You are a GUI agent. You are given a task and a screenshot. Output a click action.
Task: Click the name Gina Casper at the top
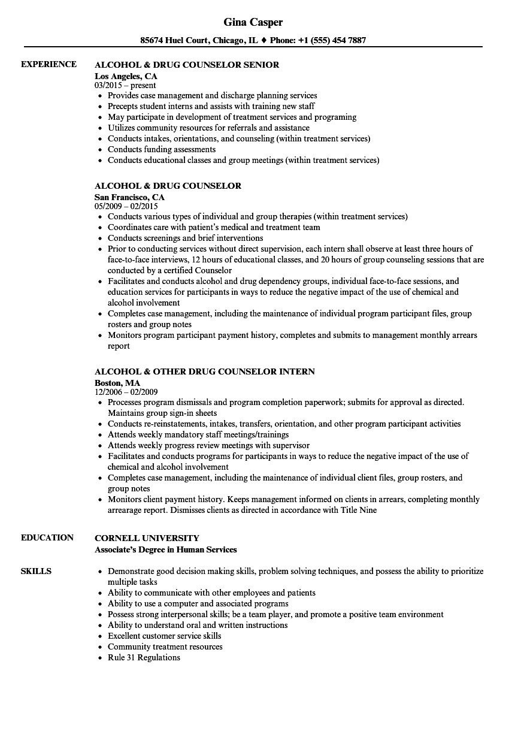point(253,22)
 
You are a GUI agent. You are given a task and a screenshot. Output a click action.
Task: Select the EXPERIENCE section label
point(49,64)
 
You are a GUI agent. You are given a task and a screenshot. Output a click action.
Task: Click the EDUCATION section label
point(47,537)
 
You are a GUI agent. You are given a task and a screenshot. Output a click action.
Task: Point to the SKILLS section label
point(36,571)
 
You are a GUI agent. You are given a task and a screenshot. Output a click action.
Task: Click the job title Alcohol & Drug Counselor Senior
point(187,65)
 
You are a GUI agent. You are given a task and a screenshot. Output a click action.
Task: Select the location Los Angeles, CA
point(126,76)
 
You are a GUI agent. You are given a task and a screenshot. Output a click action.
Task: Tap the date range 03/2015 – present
point(125,86)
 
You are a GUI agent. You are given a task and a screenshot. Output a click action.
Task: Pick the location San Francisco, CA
point(129,197)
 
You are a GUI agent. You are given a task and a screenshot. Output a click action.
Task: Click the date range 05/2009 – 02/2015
point(126,207)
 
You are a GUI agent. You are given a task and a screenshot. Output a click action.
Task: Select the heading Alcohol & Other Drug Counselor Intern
point(205,371)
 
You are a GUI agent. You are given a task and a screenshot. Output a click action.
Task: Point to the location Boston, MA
point(117,383)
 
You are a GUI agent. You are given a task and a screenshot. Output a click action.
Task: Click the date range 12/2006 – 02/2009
point(126,392)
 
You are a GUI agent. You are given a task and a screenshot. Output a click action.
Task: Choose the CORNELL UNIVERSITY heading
point(147,538)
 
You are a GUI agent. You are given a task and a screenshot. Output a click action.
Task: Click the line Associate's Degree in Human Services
point(166,549)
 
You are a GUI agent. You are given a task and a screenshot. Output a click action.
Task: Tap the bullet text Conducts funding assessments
point(162,149)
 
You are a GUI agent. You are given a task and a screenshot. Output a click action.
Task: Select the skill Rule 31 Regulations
point(144,657)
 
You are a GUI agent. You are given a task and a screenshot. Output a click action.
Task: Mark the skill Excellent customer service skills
point(164,636)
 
